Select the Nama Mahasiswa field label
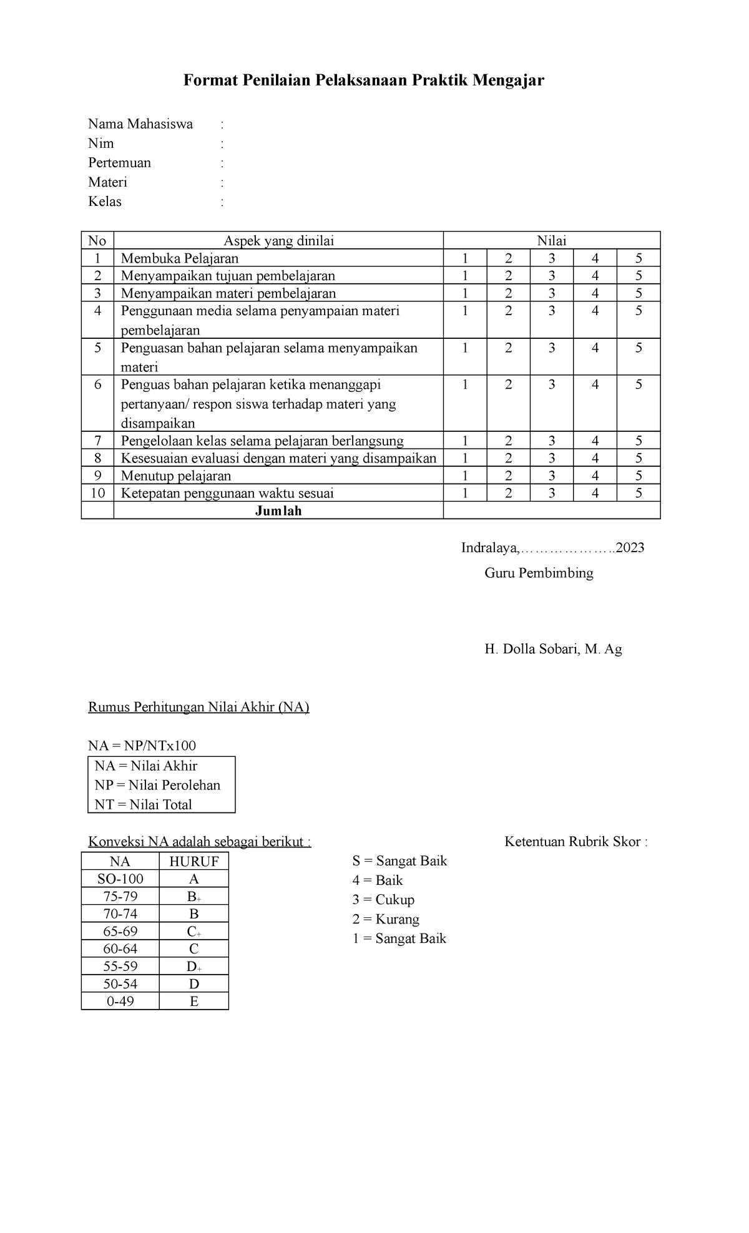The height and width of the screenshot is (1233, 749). (140, 124)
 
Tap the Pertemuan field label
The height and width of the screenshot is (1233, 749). (119, 163)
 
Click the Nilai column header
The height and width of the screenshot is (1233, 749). (551, 241)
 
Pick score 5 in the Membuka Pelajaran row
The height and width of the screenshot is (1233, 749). (638, 258)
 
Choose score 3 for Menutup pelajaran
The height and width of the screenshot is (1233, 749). (552, 475)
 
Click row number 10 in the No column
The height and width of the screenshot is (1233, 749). (97, 493)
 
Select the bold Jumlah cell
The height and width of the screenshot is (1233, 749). (278, 510)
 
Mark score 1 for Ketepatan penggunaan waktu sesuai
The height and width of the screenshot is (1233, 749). (464, 493)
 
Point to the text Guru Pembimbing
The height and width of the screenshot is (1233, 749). (539, 573)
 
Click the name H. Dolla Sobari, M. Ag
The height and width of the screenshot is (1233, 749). (553, 649)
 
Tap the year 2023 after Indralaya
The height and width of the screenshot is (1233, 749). (630, 548)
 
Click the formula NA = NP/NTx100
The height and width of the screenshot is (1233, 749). (142, 745)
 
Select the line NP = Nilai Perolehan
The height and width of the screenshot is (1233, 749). (157, 785)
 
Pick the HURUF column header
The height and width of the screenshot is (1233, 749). (193, 862)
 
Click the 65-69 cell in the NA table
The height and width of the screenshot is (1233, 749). (120, 931)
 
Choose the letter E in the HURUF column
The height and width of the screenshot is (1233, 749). (193, 1001)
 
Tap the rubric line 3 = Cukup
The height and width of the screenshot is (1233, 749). (383, 900)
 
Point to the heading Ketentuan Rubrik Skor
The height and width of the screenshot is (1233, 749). (575, 842)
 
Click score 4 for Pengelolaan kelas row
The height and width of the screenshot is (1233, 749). (595, 441)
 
